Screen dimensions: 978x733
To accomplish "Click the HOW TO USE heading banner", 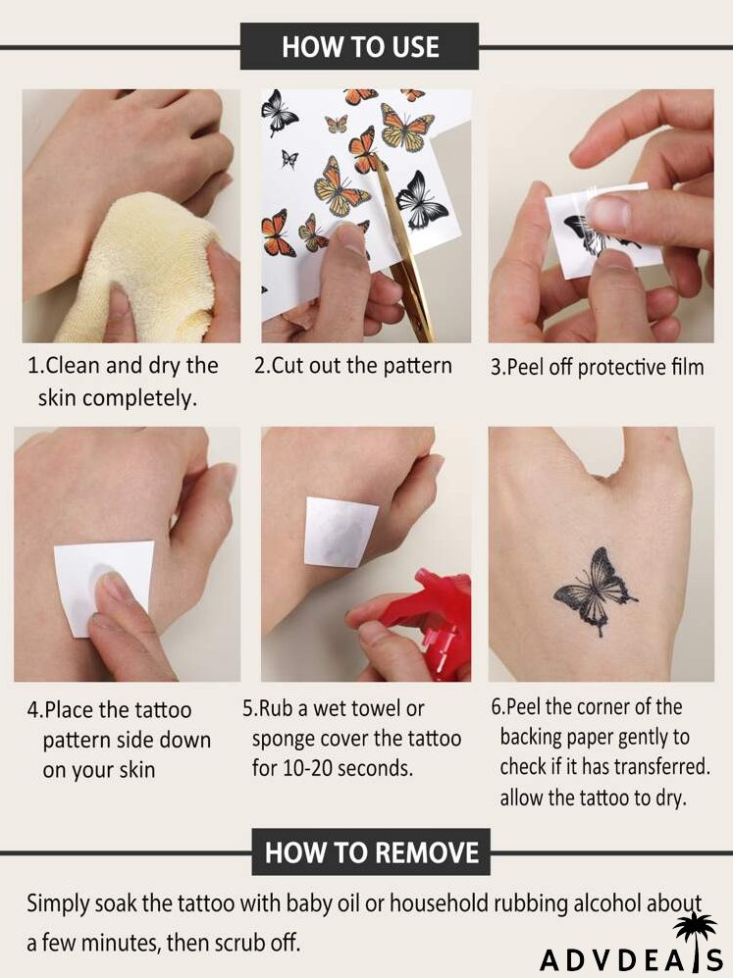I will [x=359, y=46].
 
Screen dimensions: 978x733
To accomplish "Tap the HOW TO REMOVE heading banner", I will [x=371, y=850].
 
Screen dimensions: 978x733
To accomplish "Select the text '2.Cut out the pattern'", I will [x=353, y=366].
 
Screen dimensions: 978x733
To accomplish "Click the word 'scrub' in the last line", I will [x=226, y=944].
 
